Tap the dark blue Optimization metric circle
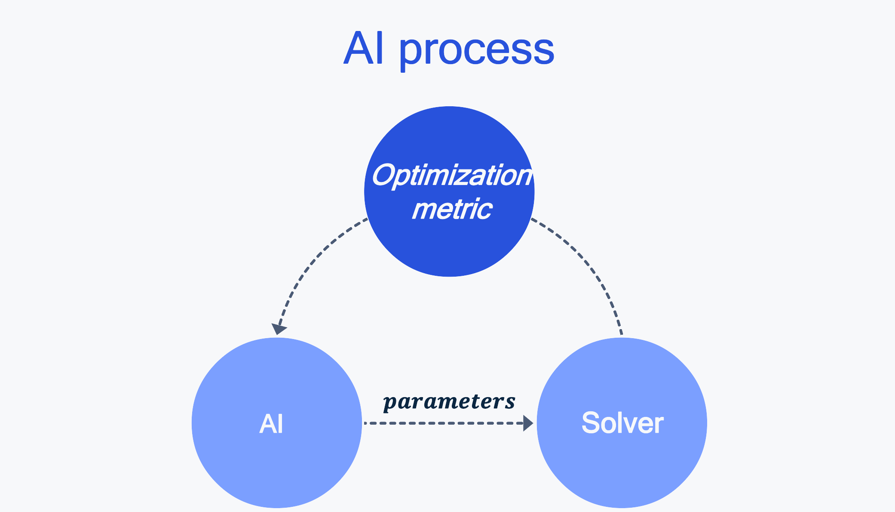(x=449, y=191)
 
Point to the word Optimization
(x=452, y=176)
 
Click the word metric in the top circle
(x=452, y=209)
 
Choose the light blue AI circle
(x=277, y=423)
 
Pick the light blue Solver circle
(x=622, y=423)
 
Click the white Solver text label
(x=622, y=423)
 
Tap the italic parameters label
(x=449, y=402)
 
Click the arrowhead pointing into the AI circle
(x=279, y=329)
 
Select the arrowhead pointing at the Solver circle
(x=528, y=423)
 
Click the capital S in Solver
(x=591, y=423)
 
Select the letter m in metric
(x=425, y=211)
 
